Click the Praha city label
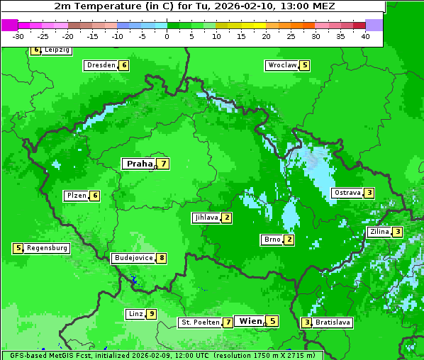coord(139,164)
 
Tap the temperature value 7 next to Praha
coord(163,164)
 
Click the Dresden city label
coord(101,65)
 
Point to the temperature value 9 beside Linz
coord(151,314)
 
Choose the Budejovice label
coord(133,258)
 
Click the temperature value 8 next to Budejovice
coord(162,258)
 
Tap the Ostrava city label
coord(347,193)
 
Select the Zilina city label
coord(379,232)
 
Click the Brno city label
coord(272,240)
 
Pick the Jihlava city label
coord(206,218)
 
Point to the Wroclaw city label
coord(281,65)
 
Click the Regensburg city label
coord(48,248)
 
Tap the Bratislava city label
coord(333,322)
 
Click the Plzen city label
coord(76,196)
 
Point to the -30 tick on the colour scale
coord(19,36)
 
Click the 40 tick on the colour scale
coord(365,36)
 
